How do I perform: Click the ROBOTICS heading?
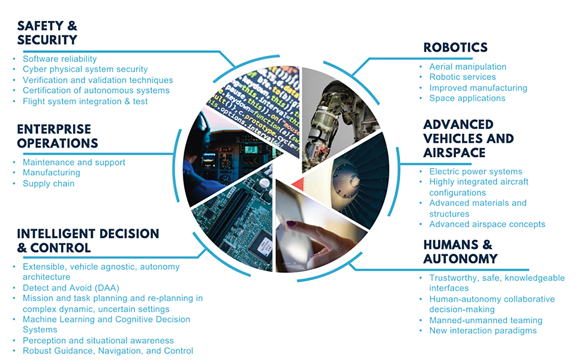coord(455,47)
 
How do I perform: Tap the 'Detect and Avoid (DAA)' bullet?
coord(71,288)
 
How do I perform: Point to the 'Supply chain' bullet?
coord(49,184)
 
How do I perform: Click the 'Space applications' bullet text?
coord(467,98)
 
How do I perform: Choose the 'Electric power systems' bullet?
coord(476,172)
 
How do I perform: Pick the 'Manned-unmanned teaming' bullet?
coord(485,320)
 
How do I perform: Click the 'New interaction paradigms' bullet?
coord(483,331)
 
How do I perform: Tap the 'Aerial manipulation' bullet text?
coord(468,67)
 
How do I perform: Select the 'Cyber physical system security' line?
coord(85,70)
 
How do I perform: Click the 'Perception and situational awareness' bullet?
coord(98,340)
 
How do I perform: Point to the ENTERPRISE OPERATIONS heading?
coord(57,136)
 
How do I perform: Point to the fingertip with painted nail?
coord(292,225)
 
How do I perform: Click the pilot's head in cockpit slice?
coord(202,127)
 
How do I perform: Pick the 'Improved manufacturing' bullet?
coord(478,88)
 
